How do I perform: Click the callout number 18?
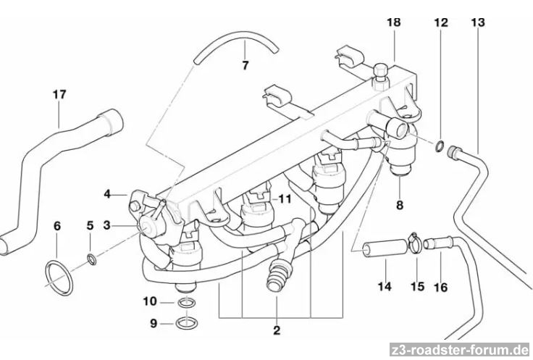(394, 22)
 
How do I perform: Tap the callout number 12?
(441, 22)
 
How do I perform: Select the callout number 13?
(477, 22)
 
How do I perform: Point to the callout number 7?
(245, 65)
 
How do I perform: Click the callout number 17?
(59, 94)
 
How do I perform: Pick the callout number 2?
(277, 330)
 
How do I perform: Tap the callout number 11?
(285, 199)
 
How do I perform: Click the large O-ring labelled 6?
(59, 278)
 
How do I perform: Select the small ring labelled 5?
(92, 259)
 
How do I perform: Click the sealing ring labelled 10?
(187, 302)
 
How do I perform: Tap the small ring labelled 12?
(440, 146)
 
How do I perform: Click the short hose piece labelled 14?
(386, 248)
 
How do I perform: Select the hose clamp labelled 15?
(414, 243)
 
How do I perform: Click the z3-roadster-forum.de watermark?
(460, 350)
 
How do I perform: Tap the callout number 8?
(400, 205)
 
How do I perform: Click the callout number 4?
(107, 194)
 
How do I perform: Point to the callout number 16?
(440, 288)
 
